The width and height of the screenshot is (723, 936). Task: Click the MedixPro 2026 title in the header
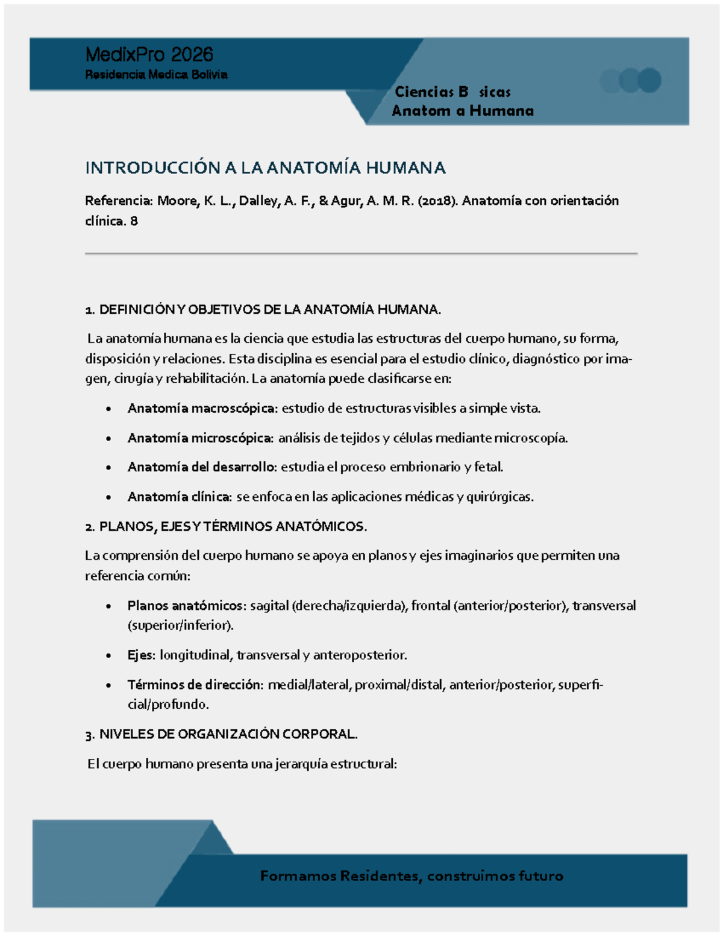click(x=149, y=55)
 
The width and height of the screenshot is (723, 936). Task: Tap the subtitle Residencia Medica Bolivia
click(x=156, y=75)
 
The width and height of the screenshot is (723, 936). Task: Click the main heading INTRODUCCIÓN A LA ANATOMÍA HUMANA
click(x=265, y=168)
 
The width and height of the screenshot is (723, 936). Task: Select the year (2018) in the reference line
click(x=437, y=201)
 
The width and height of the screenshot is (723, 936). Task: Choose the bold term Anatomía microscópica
click(x=200, y=438)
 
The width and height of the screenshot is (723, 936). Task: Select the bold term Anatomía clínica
click(x=179, y=497)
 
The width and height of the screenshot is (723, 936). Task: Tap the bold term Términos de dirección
click(x=195, y=685)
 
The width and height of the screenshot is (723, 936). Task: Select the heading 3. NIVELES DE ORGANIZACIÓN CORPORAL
click(x=222, y=734)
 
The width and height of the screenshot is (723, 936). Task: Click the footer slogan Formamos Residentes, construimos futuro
click(x=412, y=876)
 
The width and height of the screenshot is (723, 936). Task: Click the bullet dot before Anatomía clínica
click(x=108, y=498)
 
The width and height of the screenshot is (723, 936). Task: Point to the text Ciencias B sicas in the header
click(x=452, y=92)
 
